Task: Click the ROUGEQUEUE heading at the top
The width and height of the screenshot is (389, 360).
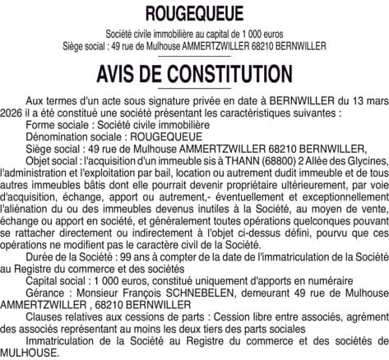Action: coord(194,14)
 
